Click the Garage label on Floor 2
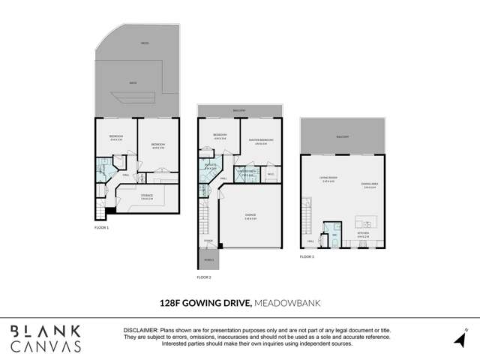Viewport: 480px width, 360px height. tap(250, 215)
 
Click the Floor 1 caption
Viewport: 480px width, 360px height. tap(102, 226)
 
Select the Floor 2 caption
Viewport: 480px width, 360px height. tap(204, 277)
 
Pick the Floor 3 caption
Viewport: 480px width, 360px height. tap(307, 256)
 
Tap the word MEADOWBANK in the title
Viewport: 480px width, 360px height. tap(285, 304)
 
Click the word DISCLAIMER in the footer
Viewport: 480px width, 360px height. tap(140, 330)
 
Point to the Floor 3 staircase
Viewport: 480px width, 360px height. tap(306, 214)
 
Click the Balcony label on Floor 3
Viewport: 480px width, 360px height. tap(343, 136)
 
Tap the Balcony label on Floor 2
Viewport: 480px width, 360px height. tap(240, 110)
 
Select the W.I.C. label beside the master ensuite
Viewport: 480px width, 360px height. tap(270, 173)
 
